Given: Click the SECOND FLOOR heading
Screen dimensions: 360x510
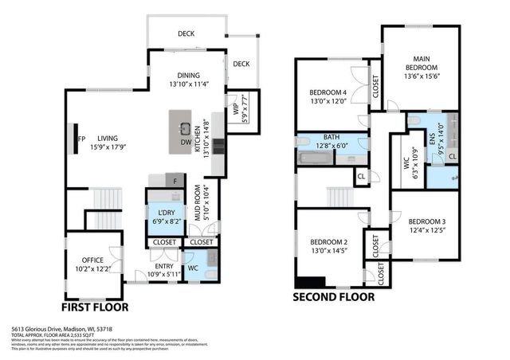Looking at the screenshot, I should tap(333, 298).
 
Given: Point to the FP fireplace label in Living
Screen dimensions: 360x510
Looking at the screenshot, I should tap(80, 136).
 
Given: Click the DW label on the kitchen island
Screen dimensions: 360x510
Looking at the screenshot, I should tap(185, 143).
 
